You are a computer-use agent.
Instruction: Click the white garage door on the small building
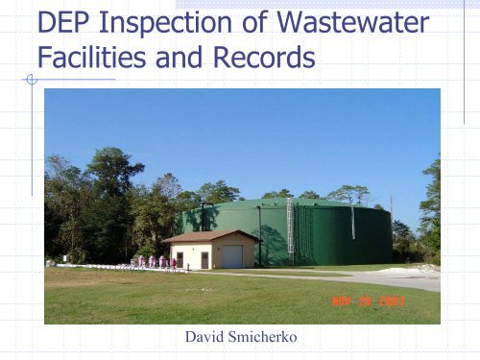pos(231,256)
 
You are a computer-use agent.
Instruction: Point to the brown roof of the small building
pos(211,236)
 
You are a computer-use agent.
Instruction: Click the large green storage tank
pos(336,235)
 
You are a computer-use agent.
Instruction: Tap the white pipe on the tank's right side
pos(352,223)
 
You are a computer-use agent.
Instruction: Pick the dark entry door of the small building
pos(204,259)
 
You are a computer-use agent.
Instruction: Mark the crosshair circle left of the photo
pos(32,79)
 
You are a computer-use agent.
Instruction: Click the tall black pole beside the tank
pos(259,235)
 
